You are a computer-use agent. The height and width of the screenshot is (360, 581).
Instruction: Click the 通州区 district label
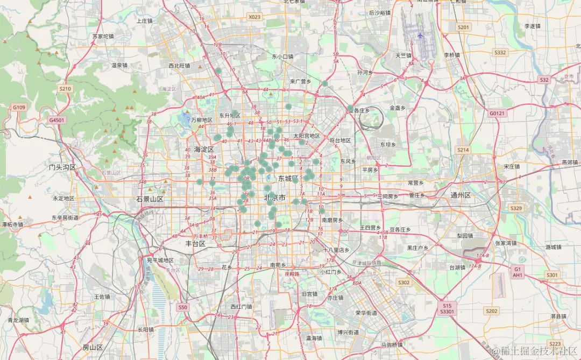pos(460,195)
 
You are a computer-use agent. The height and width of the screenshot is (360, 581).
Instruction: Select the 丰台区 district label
pos(192,243)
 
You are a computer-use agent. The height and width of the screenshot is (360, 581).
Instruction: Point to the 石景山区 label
pos(150,199)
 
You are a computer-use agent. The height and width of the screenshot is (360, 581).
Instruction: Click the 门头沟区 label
pos(63,167)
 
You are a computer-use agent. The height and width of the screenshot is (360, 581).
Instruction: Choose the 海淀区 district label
pos(204,149)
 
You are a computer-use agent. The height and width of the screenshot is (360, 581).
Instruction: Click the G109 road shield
pos(19,108)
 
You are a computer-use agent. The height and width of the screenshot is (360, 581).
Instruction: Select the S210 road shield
pos(65,88)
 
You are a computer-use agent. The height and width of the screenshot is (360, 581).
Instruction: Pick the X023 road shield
pos(254,17)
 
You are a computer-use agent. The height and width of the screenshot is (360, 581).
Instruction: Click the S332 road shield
pos(500,53)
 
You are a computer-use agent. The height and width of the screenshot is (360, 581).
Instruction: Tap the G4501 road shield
pos(56,120)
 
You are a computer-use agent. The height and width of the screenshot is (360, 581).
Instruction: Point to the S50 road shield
pos(183,307)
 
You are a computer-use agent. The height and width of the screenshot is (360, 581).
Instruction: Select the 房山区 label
pos(93,347)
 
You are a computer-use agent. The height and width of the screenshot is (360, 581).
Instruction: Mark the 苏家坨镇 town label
pos(103,37)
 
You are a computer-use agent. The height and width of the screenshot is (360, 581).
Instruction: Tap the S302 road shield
pos(403,282)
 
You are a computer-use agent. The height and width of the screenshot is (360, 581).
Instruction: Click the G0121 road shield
pos(498,114)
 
